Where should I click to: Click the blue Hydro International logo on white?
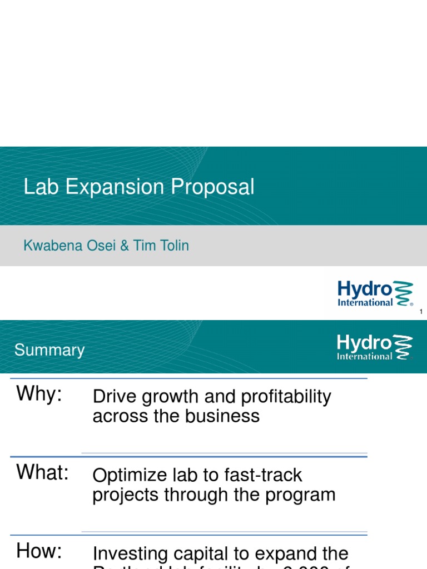point(375,293)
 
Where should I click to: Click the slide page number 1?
point(421,312)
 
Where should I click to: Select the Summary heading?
point(49,350)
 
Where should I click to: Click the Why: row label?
point(39,394)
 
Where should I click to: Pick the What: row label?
point(42,472)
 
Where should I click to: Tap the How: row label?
point(39,551)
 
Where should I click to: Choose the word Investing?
point(130,555)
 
